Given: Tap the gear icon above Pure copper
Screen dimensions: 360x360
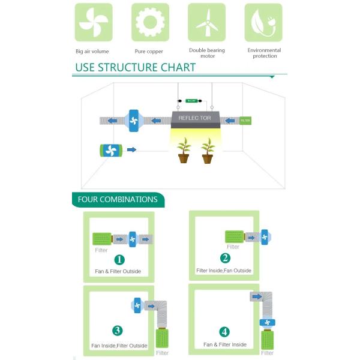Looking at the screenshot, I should click(149, 22).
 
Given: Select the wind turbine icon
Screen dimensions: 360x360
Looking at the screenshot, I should click(206, 22).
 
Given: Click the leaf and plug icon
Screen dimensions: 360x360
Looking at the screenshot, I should click(263, 22).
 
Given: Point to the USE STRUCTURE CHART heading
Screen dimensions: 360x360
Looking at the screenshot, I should click(136, 67).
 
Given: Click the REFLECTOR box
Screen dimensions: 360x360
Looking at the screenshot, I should click(194, 118).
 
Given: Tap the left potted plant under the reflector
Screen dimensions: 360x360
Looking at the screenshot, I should click(184, 151).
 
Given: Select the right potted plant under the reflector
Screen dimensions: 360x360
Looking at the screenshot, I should click(208, 151).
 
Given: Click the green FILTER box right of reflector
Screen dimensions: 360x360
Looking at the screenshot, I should click(245, 121).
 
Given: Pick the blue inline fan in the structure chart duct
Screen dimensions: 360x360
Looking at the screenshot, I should click(134, 120).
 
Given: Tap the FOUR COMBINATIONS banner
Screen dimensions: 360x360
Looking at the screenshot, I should click(118, 200).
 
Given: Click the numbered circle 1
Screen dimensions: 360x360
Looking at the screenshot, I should click(119, 260).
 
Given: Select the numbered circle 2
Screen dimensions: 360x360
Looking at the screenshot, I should click(225, 258).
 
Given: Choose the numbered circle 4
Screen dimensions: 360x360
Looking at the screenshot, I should click(224, 331).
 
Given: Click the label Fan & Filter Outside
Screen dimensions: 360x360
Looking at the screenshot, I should click(118, 271).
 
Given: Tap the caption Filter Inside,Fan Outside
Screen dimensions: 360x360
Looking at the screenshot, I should click(224, 271).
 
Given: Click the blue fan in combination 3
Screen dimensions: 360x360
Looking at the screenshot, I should click(137, 305).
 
